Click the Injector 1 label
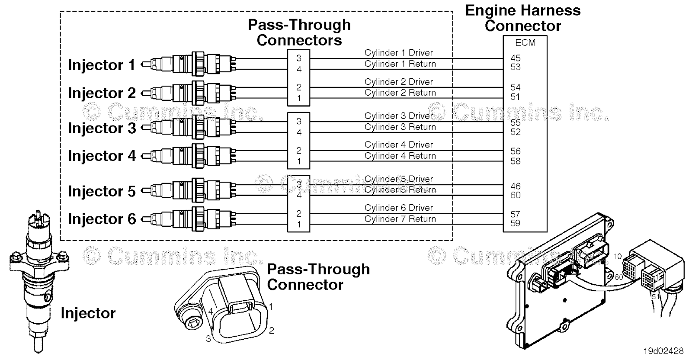click(x=102, y=65)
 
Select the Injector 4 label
click(x=102, y=156)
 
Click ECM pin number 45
click(x=515, y=58)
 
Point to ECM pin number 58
click(x=515, y=161)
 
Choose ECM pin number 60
click(x=515, y=195)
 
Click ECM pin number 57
click(x=515, y=214)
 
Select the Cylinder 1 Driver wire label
click(x=398, y=53)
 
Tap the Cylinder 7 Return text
click(x=400, y=219)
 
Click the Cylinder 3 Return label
click(x=400, y=127)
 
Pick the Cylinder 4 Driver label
click(x=398, y=145)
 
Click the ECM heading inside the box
click(x=525, y=43)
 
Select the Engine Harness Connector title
click(x=522, y=18)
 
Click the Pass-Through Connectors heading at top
click(x=299, y=32)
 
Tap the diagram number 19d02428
click(x=663, y=351)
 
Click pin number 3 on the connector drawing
click(x=208, y=339)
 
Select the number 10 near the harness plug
click(x=617, y=256)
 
